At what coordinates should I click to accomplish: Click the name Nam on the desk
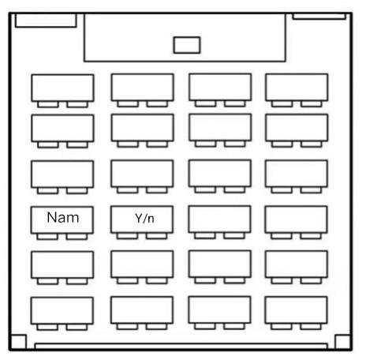63,218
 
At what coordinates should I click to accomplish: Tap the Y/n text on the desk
144,218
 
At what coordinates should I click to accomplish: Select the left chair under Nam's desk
47,236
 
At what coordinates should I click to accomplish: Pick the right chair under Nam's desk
77,236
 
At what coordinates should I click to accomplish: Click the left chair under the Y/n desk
127,236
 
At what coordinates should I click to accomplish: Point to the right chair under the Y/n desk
157,236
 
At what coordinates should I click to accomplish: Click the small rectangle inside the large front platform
187,45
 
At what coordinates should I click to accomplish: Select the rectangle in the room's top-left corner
46,21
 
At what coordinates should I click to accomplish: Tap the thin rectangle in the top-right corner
319,17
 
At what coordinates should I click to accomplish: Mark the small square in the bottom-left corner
18,343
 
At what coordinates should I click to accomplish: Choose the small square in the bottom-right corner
343,343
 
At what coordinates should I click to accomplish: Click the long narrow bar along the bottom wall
181,346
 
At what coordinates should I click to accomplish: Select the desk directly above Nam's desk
62,174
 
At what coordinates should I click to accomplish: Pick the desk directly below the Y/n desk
142,264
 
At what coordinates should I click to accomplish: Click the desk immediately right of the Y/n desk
219,219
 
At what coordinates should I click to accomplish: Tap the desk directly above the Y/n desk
142,174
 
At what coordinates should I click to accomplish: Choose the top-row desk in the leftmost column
62,88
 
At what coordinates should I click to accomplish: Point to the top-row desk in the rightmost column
297,88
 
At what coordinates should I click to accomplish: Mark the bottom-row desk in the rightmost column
296,310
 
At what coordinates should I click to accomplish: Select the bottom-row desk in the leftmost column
62,310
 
